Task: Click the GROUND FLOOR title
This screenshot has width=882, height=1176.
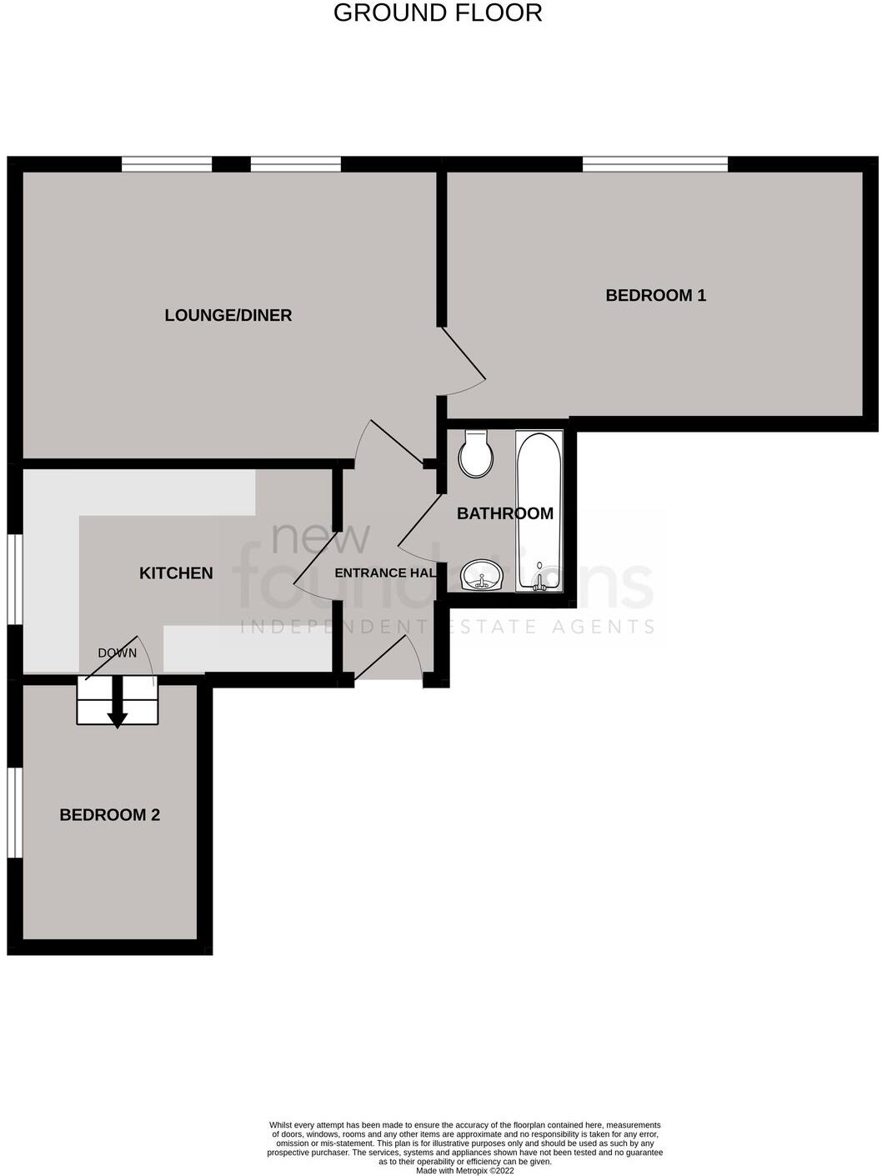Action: tap(438, 13)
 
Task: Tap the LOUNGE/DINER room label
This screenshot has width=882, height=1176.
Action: tap(228, 315)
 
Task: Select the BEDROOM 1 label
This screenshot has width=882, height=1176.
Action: tap(655, 295)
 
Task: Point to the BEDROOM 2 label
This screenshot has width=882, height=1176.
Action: tap(109, 815)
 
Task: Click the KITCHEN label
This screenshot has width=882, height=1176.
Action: tap(176, 573)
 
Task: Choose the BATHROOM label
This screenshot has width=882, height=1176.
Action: tap(504, 513)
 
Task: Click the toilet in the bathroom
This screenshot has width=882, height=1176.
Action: tap(476, 454)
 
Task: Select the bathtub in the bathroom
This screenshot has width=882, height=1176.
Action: tap(539, 511)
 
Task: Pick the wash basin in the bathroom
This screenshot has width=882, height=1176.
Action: tap(481, 575)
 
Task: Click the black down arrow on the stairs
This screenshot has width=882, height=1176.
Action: tap(118, 705)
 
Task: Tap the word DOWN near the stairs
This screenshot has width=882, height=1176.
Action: tap(117, 653)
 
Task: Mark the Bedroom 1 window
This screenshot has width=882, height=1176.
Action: tap(654, 164)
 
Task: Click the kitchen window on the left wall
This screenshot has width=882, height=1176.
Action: tap(15, 578)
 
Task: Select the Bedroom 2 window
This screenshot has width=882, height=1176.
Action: tap(15, 812)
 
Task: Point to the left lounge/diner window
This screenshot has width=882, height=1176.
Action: tap(167, 164)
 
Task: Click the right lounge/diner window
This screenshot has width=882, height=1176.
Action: tap(295, 164)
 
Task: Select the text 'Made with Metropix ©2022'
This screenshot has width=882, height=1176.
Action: tap(465, 1170)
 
